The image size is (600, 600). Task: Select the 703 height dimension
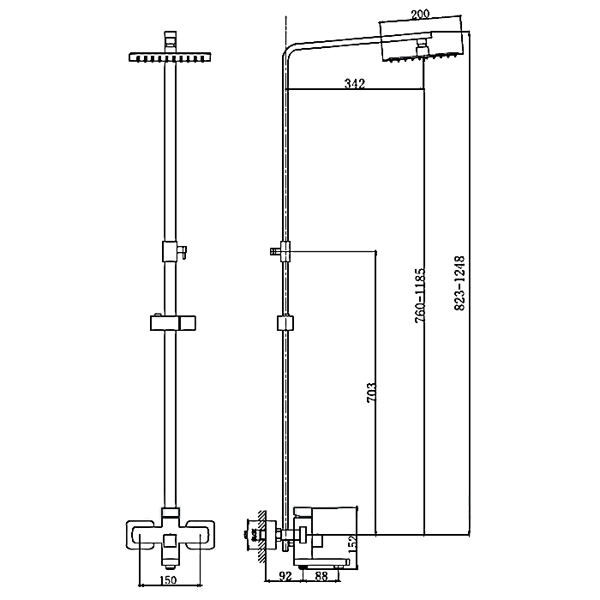[371, 392]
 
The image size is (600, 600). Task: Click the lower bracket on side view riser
[285, 324]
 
